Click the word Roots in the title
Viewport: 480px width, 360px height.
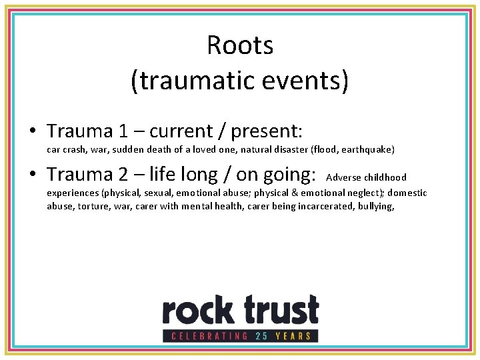tap(240, 45)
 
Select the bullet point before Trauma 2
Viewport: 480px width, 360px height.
tap(33, 175)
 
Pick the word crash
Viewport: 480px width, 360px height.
tap(75, 150)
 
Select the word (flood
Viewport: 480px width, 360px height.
tap(323, 150)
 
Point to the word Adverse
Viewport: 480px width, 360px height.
tap(343, 177)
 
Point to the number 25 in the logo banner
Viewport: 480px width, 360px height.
tap(261, 336)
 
